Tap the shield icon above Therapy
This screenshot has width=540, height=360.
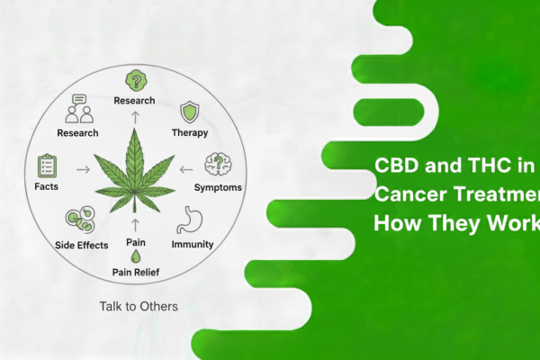coord(189,111)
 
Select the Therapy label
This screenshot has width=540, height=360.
coord(189,133)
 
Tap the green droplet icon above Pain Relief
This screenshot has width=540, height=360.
coord(134,256)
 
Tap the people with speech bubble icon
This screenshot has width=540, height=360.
coord(77,111)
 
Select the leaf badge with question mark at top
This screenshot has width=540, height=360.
coord(134,79)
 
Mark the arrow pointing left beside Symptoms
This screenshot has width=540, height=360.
coord(186,168)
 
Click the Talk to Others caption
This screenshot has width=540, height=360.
coord(139,306)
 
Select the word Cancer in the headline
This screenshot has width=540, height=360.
coord(406,193)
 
